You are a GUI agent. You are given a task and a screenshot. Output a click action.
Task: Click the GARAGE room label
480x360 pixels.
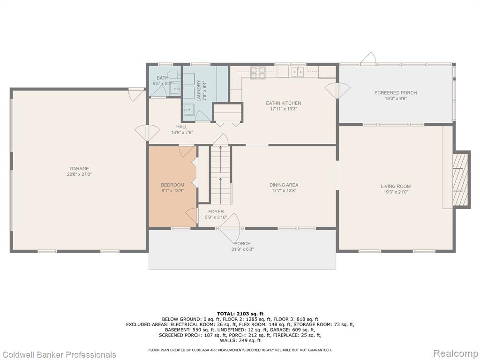click(79, 169)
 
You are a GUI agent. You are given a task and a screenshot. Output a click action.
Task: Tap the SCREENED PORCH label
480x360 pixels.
click(396, 93)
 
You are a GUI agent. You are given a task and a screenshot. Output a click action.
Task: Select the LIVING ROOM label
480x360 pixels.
click(396, 186)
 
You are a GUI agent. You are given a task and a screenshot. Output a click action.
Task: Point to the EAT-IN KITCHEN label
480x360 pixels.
click(283, 103)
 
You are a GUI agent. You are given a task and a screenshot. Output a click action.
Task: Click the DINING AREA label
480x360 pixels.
click(284, 185)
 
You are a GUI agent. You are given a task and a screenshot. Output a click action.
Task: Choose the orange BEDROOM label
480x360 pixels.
click(172, 185)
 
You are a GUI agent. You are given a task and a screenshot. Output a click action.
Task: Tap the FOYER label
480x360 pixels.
click(216, 211)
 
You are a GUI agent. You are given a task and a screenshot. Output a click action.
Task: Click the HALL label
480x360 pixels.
click(182, 127)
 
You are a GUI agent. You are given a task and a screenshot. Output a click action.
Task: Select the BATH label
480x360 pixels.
click(163, 78)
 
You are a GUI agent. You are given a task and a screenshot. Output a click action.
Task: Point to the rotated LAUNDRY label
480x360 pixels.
click(199, 91)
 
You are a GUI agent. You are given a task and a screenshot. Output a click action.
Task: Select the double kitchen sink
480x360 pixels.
click(297, 72)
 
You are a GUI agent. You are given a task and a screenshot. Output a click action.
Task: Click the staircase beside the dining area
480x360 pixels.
click(220, 175)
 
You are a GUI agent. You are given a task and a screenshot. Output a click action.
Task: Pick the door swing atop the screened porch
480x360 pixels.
click(368, 58)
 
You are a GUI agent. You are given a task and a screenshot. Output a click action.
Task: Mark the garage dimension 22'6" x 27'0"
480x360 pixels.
click(79, 174)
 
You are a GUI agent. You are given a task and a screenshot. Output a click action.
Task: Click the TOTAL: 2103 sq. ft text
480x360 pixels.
click(240, 314)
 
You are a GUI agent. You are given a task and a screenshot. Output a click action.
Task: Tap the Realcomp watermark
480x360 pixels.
click(455, 353)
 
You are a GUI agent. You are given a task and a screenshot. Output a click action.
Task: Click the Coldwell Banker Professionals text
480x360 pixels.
click(58, 354)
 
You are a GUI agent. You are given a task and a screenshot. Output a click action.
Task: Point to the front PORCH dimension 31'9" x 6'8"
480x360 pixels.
click(242, 249)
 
